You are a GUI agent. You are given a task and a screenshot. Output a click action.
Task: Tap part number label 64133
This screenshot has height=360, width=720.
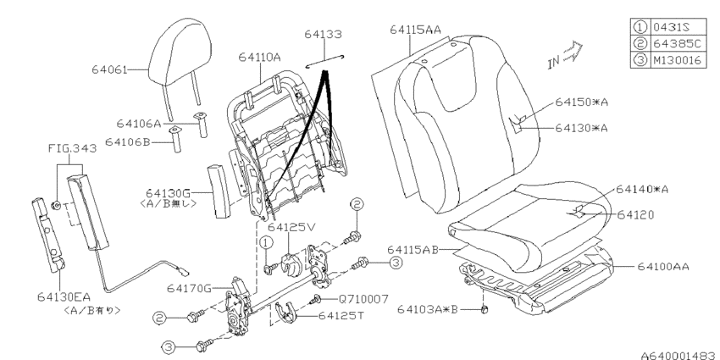click(324, 34)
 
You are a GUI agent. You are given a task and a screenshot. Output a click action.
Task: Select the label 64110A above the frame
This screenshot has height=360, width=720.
click(259, 57)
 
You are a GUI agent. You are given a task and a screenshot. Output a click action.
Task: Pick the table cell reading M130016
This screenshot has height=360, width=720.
click(678, 59)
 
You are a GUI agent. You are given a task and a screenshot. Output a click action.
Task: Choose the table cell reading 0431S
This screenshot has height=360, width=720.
click(678, 26)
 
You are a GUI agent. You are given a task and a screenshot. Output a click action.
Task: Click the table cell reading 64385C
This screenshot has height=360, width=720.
click(678, 43)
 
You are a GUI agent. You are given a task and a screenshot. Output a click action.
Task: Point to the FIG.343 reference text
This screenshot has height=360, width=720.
click(73, 148)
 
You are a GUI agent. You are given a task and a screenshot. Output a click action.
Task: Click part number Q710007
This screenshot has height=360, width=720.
click(363, 299)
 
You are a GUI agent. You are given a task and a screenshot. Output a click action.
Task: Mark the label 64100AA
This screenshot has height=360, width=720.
click(663, 266)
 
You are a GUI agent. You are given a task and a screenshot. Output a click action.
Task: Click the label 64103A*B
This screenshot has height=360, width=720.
click(428, 310)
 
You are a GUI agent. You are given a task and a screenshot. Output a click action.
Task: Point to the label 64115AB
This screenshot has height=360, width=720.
click(413, 250)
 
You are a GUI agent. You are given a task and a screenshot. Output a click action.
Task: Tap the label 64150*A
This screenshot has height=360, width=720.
click(581, 102)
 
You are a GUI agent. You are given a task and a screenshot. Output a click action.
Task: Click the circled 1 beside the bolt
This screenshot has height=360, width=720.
click(266, 242)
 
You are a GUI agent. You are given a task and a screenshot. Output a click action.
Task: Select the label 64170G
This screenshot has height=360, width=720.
click(189, 288)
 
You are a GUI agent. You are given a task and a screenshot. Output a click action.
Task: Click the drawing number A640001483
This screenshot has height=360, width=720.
click(680, 355)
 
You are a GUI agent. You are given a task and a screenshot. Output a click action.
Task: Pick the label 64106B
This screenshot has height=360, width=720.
click(128, 142)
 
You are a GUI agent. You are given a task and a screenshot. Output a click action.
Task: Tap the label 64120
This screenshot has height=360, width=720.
click(635, 214)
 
